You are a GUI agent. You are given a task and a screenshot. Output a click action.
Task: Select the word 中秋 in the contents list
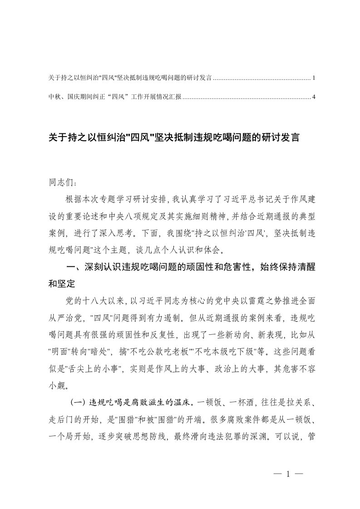click(53, 97)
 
